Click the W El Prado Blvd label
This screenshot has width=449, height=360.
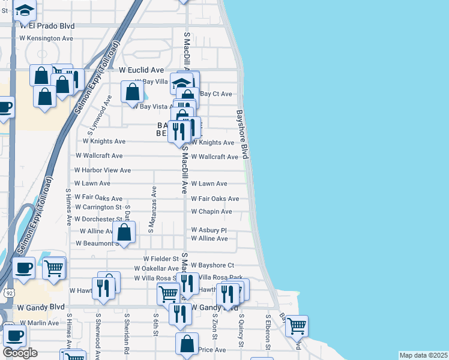[x=47, y=26]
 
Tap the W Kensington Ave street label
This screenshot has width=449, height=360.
[x=46, y=38]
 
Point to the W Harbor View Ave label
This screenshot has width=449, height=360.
[x=103, y=170]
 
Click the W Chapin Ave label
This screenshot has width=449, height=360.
[x=211, y=212]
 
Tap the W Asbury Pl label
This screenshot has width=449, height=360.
[x=209, y=230]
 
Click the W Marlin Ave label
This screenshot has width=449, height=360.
[x=38, y=323]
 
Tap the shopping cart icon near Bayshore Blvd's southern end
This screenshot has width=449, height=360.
[x=297, y=326]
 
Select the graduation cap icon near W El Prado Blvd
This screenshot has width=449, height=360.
[x=25, y=10]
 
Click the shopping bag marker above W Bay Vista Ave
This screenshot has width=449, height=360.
[x=133, y=92]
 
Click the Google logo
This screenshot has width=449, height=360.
[x=20, y=353]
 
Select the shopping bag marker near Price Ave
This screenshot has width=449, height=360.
[x=187, y=344]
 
